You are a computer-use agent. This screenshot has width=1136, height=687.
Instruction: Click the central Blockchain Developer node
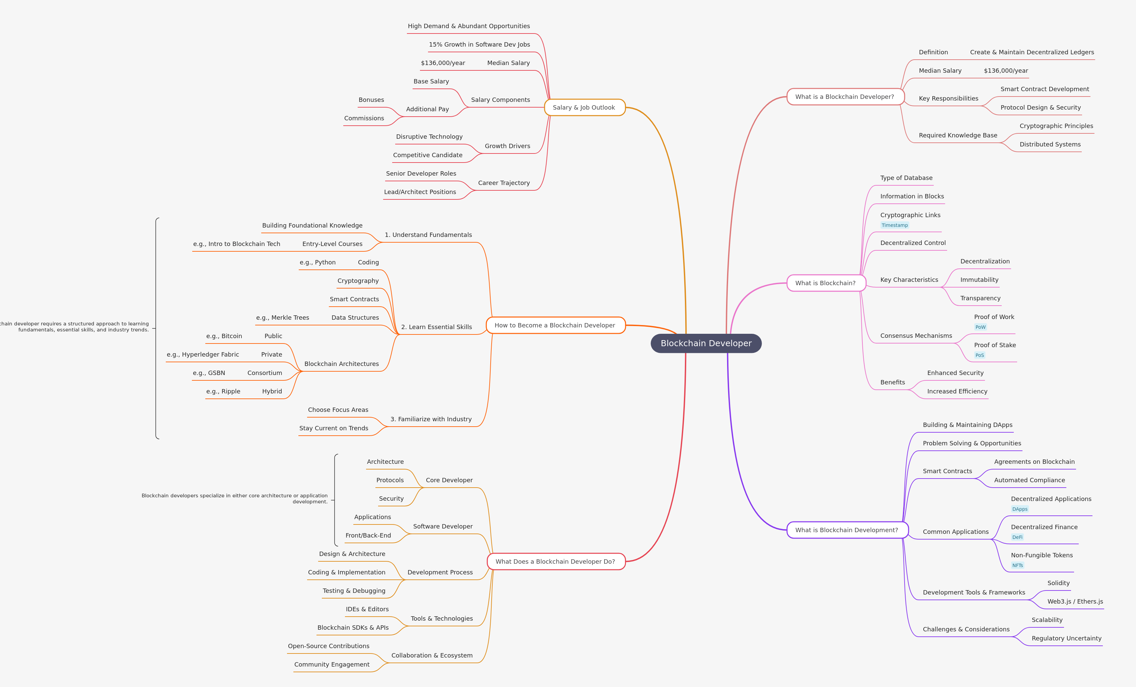[706, 343]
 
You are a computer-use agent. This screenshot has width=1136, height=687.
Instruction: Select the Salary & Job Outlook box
[584, 108]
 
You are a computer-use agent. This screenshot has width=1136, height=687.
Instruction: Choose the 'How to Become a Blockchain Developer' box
[555, 325]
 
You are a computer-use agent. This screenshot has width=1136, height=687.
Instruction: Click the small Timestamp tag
[895, 225]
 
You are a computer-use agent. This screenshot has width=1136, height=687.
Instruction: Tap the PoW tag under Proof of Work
[980, 327]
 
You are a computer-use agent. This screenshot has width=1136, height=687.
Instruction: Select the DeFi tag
[1017, 537]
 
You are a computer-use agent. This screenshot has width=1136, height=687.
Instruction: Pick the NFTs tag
[1017, 565]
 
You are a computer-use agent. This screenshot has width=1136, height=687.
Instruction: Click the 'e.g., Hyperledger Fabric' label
[203, 354]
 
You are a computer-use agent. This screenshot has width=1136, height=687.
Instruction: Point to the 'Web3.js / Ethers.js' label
[1075, 601]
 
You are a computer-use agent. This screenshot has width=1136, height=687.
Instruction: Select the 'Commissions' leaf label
[364, 118]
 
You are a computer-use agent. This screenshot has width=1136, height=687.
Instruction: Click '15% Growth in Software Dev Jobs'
[479, 44]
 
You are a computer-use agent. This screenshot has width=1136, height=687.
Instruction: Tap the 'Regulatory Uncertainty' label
[1066, 638]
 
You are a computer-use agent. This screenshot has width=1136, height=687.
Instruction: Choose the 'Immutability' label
[979, 279]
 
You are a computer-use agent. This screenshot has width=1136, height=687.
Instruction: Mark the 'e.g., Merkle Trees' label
[283, 317]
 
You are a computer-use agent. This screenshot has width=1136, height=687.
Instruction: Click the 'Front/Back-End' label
[368, 535]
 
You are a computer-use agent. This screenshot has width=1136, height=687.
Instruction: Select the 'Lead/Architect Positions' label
[420, 192]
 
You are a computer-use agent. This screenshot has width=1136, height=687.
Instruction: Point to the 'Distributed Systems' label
[1050, 144]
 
